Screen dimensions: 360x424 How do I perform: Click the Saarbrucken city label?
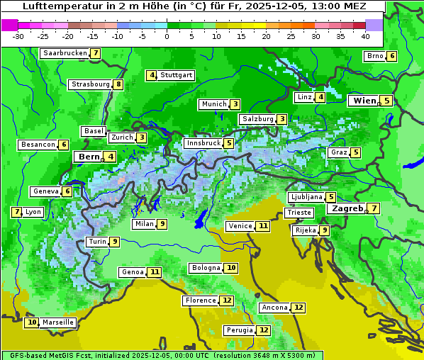[x=65, y=53]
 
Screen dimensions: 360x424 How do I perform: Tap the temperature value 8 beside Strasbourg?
[x=118, y=84]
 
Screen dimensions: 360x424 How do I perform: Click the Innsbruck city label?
[x=202, y=143]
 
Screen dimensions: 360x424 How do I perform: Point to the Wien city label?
[x=364, y=101]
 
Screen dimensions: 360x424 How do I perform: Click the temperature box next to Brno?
[x=392, y=56]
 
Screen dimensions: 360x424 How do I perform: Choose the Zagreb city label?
[x=347, y=208]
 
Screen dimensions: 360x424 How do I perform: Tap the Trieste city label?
[x=298, y=213]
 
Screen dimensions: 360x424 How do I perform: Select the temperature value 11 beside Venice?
[x=263, y=226]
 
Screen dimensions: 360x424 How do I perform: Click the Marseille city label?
[x=57, y=322]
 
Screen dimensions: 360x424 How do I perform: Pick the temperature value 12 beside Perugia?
[x=264, y=330]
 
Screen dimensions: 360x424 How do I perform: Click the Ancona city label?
[x=274, y=308]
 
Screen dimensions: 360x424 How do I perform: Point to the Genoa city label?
[x=132, y=272]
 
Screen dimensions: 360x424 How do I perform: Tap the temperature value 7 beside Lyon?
[x=16, y=212]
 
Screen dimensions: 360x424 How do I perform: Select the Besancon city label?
[x=38, y=145]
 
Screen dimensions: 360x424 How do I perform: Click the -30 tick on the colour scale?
[x=18, y=35]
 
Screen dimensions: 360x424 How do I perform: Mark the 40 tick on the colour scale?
[x=365, y=35]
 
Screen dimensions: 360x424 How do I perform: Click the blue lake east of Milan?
[x=201, y=217]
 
